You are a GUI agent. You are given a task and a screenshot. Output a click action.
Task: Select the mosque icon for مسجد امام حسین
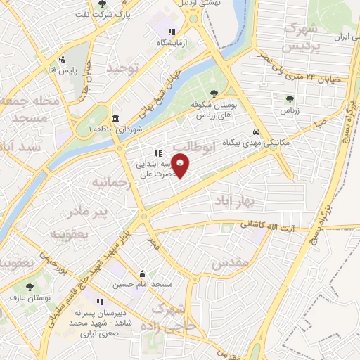143,274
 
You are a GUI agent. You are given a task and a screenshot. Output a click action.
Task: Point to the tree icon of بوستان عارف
30,287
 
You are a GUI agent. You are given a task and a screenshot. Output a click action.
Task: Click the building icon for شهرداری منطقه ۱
115,117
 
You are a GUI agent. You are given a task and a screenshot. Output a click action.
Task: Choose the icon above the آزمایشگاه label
171,32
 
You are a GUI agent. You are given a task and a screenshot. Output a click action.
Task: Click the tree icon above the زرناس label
290,99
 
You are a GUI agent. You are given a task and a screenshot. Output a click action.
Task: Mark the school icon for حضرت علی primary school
159,153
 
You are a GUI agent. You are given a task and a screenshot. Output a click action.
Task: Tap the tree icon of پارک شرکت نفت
103,4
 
